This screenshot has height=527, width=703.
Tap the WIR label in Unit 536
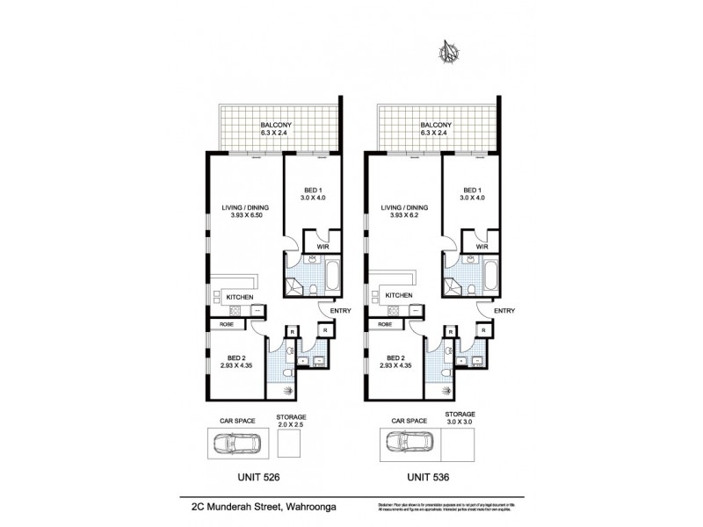[481, 247]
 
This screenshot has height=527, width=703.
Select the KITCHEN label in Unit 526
[240, 297]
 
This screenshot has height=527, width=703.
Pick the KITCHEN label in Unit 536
[398, 297]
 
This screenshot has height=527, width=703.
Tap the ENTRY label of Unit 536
[504, 310]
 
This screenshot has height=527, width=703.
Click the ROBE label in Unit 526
[216, 324]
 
